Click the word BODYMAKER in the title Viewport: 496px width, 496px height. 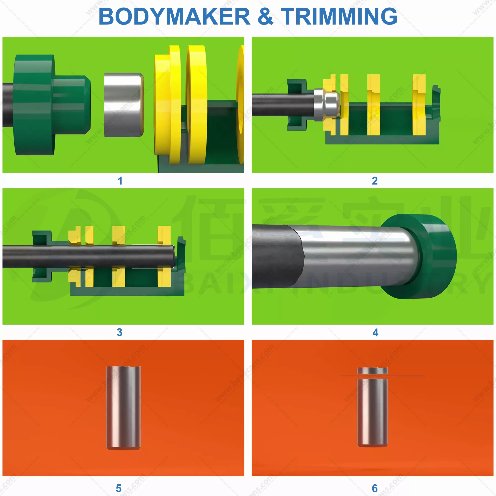point(174,16)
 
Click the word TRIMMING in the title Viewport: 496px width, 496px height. point(339,16)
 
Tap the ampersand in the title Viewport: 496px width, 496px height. point(265,16)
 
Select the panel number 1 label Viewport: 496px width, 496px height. point(120,181)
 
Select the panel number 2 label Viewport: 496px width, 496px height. point(374,181)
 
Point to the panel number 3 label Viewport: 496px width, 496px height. point(119,333)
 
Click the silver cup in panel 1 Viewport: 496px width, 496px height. point(124,105)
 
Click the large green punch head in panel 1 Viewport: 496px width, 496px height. point(35,105)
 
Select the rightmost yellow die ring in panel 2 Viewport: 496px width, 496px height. point(419,105)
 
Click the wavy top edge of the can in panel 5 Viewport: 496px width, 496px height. point(123,368)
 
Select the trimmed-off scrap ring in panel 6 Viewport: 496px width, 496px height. point(372,371)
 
